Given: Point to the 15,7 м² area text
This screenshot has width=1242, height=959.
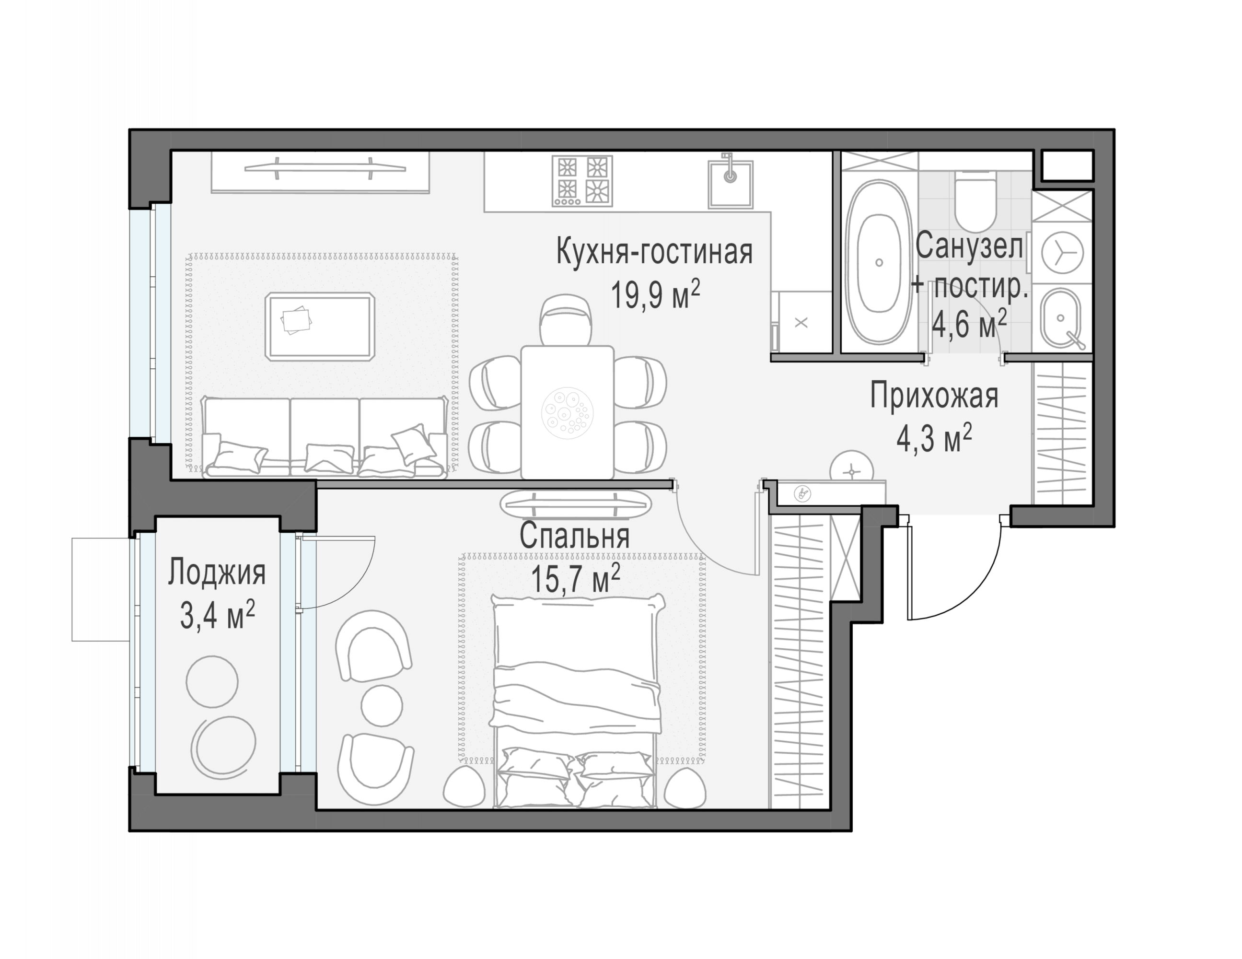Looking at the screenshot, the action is click(576, 579).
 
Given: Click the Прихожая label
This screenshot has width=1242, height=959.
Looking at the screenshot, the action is click(934, 397).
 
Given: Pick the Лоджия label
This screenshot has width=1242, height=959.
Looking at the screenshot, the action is click(217, 573).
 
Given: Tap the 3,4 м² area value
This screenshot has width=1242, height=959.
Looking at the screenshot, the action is click(217, 616).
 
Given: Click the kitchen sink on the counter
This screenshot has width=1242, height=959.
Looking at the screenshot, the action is click(730, 183).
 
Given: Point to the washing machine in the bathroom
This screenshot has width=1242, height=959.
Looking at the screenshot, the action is click(1062, 252).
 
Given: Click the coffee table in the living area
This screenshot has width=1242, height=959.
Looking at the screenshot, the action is click(320, 327).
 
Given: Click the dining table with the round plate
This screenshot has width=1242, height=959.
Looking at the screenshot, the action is click(567, 412).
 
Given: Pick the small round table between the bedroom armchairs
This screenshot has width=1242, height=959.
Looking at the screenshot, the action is click(382, 705).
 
